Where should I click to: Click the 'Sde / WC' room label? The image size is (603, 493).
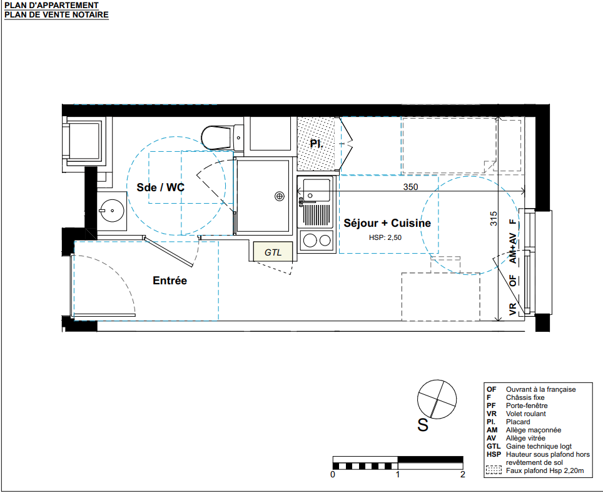point(160,187)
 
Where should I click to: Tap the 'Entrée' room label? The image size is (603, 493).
point(170,281)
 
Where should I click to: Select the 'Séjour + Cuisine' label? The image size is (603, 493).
point(387,223)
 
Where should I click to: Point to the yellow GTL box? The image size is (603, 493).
point(273,252)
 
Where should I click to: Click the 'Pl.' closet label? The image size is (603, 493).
point(317,144)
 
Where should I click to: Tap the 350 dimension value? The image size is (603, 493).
point(410,187)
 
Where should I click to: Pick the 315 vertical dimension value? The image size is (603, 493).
point(494,219)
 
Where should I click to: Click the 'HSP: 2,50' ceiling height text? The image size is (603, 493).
point(385,237)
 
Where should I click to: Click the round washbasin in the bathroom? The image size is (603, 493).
point(111,211)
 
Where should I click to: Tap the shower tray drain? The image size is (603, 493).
point(280,196)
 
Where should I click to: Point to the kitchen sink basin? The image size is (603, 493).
point(316,189)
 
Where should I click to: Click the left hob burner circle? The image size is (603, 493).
point(310,241)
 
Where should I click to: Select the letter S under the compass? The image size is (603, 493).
point(423,426)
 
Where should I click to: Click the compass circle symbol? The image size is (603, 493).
point(437,399)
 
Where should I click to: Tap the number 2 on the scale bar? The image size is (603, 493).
point(463,474)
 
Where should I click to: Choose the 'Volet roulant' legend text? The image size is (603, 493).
point(525,414)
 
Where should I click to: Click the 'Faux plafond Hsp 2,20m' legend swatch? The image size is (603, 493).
point(494,470)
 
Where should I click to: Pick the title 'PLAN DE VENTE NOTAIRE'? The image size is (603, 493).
point(56,14)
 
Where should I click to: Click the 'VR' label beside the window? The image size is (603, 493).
point(513,309)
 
